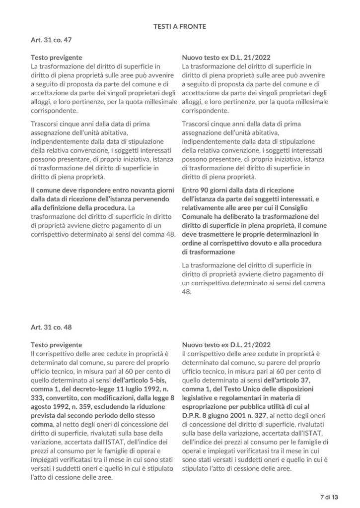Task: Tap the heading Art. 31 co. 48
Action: tap(52, 327)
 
